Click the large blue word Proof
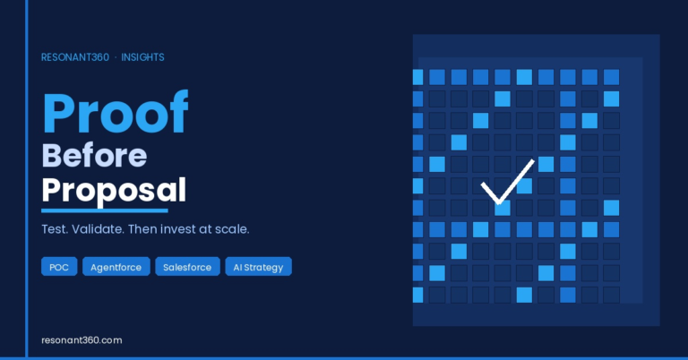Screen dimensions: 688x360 pyautogui.click(x=115, y=112)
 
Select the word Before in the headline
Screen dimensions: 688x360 pyautogui.click(x=94, y=156)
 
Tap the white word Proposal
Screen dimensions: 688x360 pyautogui.click(x=114, y=191)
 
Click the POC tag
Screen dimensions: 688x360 pyautogui.click(x=59, y=267)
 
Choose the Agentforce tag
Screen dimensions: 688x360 pyautogui.click(x=116, y=267)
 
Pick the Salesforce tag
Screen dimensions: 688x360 pyautogui.click(x=187, y=267)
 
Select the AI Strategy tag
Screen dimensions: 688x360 pyautogui.click(x=258, y=267)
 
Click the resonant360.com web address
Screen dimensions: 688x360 pyautogui.click(x=82, y=340)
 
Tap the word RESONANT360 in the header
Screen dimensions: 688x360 pyautogui.click(x=75, y=57)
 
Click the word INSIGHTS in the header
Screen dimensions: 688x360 pyautogui.click(x=142, y=57)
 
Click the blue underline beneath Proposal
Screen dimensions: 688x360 pyautogui.click(x=105, y=211)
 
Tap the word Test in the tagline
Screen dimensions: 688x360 pyautogui.click(x=55, y=229)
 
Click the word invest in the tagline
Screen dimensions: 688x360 pyautogui.click(x=179, y=229)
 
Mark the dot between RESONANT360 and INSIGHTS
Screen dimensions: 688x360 pyautogui.click(x=116, y=57)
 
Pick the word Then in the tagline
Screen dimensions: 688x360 pyautogui.click(x=142, y=229)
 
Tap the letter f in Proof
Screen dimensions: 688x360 pyautogui.click(x=178, y=111)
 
